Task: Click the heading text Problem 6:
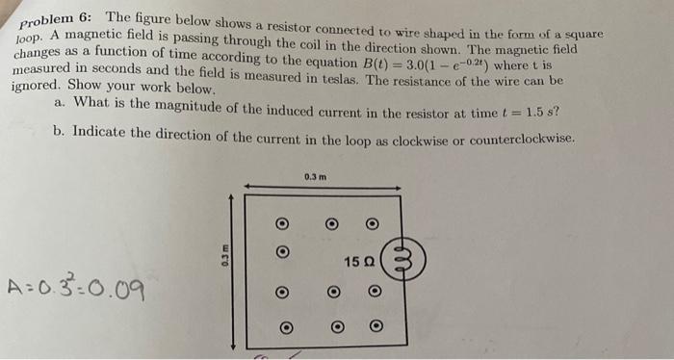[x=59, y=21]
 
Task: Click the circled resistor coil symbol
[x=404, y=259]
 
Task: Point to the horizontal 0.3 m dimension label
[x=315, y=176]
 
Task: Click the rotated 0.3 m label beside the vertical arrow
[x=224, y=258]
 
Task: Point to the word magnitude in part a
[x=200, y=109]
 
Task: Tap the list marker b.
[x=60, y=130]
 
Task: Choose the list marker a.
[x=60, y=104]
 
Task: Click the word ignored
[x=37, y=87]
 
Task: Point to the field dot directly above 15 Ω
[x=372, y=224]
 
